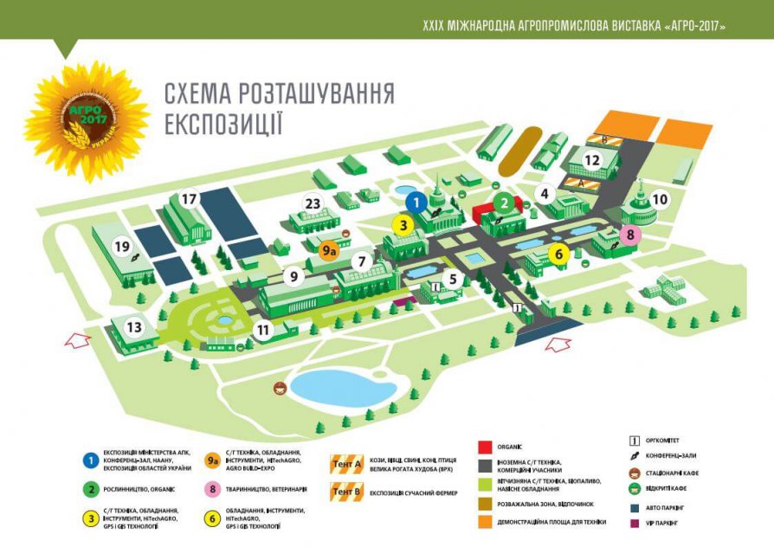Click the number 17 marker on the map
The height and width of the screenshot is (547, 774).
(x=189, y=199)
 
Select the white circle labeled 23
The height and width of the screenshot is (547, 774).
(x=313, y=204)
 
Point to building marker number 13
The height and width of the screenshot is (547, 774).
(x=134, y=327)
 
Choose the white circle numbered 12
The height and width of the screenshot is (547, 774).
(x=591, y=160)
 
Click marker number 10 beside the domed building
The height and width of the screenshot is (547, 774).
(x=660, y=199)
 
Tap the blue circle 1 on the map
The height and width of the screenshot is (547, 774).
(x=416, y=203)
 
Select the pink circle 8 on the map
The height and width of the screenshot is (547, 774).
(x=630, y=234)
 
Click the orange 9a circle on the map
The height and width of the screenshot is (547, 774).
(x=329, y=251)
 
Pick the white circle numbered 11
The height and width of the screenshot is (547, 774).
(x=263, y=329)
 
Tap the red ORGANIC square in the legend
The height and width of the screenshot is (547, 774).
(x=486, y=447)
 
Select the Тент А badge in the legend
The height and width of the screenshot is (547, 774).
(x=347, y=465)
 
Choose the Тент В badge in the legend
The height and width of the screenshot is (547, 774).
(x=347, y=493)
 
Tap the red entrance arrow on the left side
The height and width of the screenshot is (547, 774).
(x=78, y=339)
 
